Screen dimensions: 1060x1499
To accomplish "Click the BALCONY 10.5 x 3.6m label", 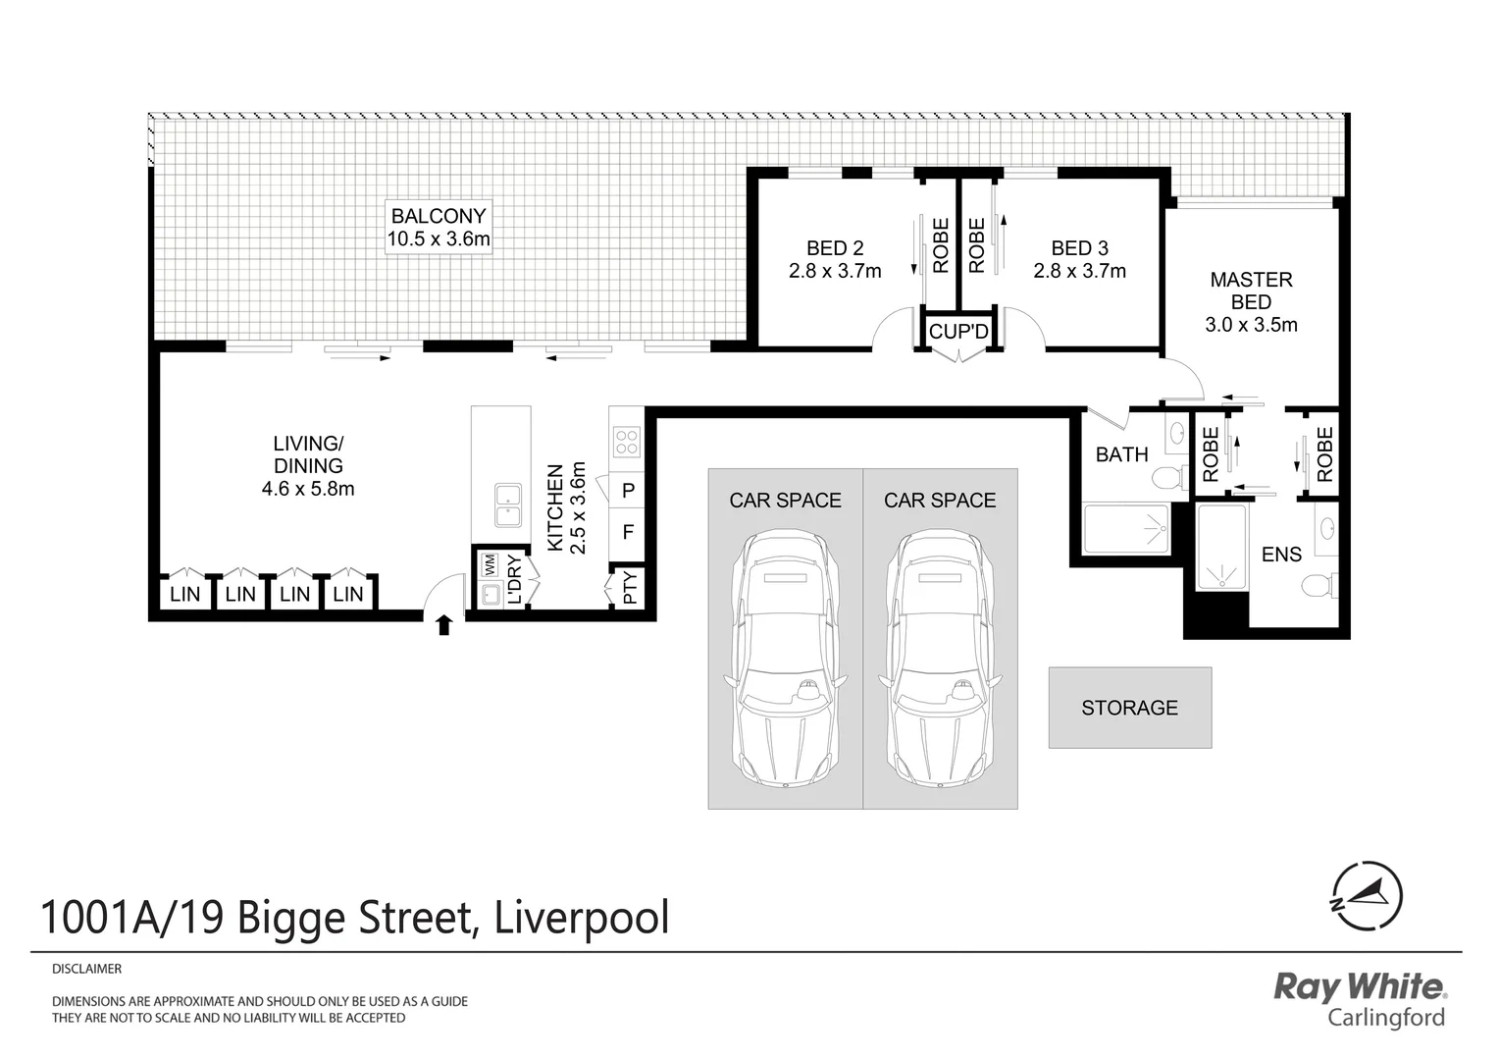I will (x=439, y=228).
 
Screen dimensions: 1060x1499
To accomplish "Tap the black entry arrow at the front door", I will (x=443, y=624).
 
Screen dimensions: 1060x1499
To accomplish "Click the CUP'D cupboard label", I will (x=958, y=332).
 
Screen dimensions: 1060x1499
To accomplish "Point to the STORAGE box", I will (x=1129, y=708).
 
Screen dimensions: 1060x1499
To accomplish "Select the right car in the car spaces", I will (x=939, y=658).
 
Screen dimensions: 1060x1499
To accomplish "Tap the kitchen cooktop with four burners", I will (x=626, y=443).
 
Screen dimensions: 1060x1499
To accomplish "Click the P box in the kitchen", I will (x=628, y=490).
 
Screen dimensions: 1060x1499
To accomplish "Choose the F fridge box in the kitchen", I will (x=628, y=533).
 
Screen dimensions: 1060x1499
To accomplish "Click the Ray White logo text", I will (x=1359, y=985).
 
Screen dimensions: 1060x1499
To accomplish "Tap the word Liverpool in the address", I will (x=582, y=918).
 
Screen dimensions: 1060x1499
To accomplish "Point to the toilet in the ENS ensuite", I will (x=1317, y=586).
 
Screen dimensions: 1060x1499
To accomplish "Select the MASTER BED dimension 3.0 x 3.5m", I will (x=1251, y=325).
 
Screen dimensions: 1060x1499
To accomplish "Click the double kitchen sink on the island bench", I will (x=507, y=505).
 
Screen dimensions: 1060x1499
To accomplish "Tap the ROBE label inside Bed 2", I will (x=940, y=245).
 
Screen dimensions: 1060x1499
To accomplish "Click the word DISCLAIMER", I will (x=86, y=969).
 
